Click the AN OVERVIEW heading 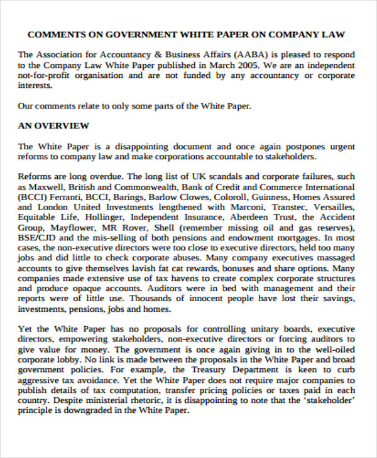[x=53, y=125]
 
